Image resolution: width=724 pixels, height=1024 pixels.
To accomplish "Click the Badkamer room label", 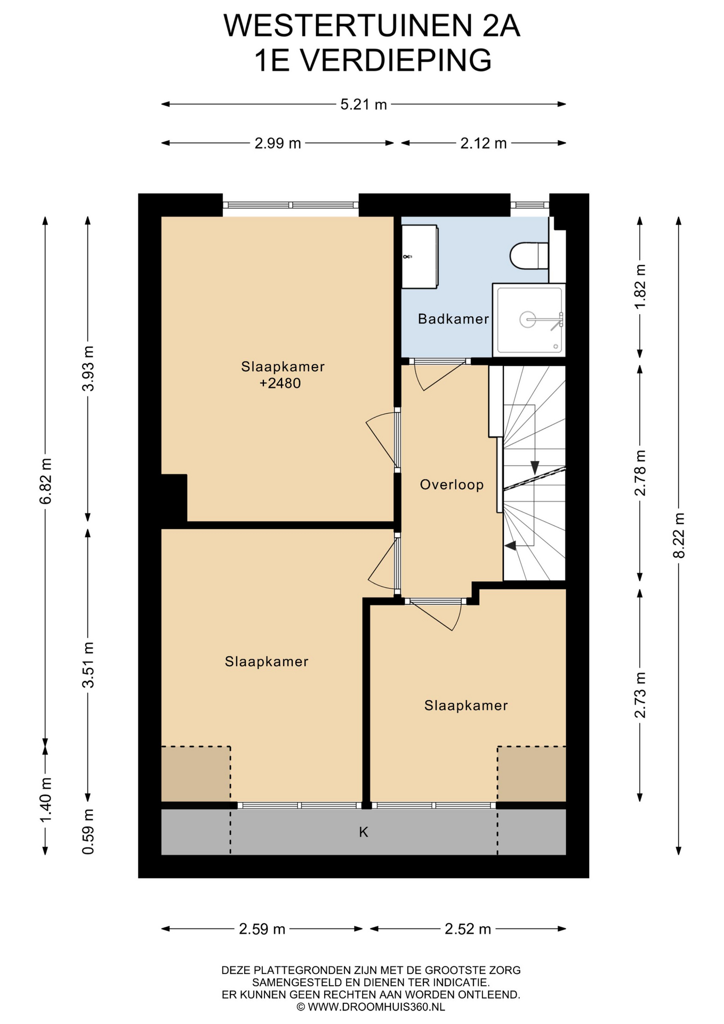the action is [453, 319].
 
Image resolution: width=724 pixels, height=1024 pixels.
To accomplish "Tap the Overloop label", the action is [452, 485].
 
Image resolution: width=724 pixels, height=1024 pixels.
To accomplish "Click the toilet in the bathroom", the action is [529, 256].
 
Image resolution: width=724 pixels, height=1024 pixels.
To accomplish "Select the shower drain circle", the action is [527, 319].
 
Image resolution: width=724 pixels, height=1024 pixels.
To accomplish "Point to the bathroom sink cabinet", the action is [420, 257].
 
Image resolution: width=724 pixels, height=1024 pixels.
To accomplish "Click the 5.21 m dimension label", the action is [364, 105].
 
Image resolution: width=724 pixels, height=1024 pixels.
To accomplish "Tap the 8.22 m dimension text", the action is [679, 535].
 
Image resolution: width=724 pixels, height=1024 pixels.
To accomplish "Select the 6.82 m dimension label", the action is [45, 481].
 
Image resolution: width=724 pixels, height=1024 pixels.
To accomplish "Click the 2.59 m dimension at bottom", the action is [262, 929].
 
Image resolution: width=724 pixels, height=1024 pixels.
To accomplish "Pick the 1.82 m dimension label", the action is [640, 286].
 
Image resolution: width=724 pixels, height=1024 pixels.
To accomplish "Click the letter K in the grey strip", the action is [364, 832].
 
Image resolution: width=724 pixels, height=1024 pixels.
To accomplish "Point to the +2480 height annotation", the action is [280, 383].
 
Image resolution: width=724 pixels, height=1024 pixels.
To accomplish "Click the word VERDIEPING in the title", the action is [396, 60].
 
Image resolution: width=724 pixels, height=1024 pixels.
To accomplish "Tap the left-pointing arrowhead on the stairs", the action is [510, 546].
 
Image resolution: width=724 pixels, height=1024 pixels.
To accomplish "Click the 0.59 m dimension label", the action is [88, 831].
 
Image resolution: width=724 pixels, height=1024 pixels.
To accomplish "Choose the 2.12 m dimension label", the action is [484, 143].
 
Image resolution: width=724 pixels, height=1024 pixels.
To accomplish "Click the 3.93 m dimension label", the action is [88, 369].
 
